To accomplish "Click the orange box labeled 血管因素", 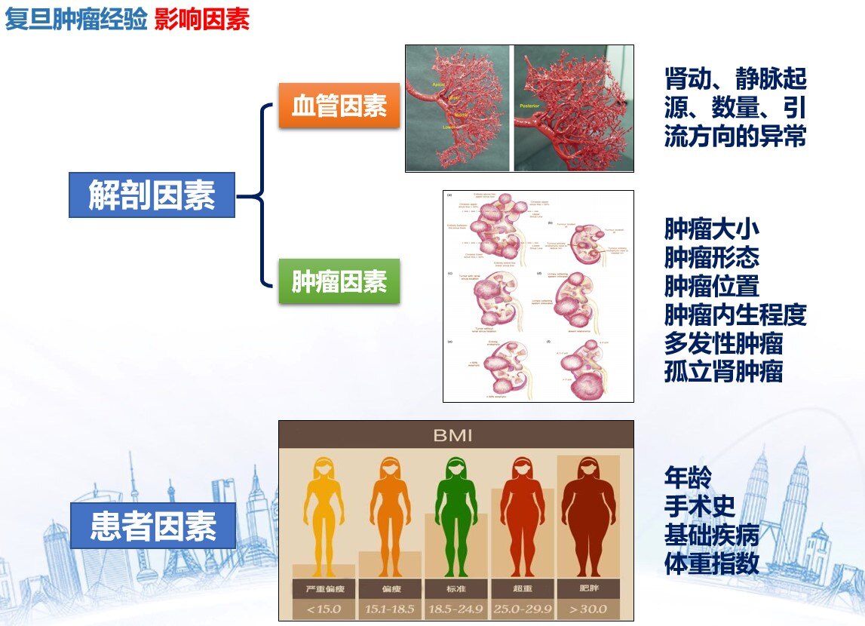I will click(x=339, y=106).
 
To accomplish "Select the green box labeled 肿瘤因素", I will click(x=339, y=281).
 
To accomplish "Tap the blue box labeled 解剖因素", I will click(x=152, y=195).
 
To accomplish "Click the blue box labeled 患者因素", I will click(x=152, y=526).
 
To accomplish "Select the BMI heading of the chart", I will click(x=455, y=435).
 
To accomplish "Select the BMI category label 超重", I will click(x=521, y=588).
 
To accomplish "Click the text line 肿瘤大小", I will click(x=711, y=229).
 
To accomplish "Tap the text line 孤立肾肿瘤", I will click(x=723, y=371).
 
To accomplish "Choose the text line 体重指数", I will click(x=711, y=563).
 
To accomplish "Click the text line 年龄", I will click(x=688, y=477).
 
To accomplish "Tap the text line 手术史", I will click(x=699, y=505).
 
